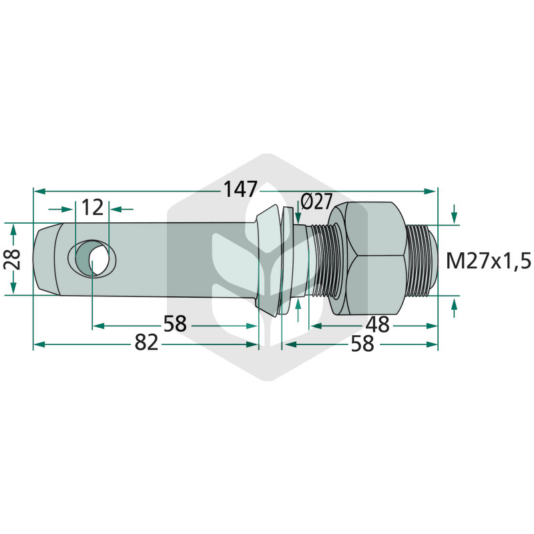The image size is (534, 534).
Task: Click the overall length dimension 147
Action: pyautogui.click(x=240, y=190)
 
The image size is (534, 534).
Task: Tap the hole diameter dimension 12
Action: pyautogui.click(x=92, y=208)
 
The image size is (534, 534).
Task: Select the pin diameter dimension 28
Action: pyautogui.click(x=12, y=260)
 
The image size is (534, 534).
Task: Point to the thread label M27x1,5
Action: pyautogui.click(x=489, y=262)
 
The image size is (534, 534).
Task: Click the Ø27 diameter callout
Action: pyautogui.click(x=316, y=202)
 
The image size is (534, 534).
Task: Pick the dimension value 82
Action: pyautogui.click(x=146, y=342)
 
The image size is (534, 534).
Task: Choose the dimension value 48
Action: pyautogui.click(x=377, y=324)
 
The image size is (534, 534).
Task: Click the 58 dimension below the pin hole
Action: pyautogui.click(x=175, y=324)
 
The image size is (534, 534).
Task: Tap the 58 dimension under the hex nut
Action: pyautogui.click(x=362, y=343)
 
